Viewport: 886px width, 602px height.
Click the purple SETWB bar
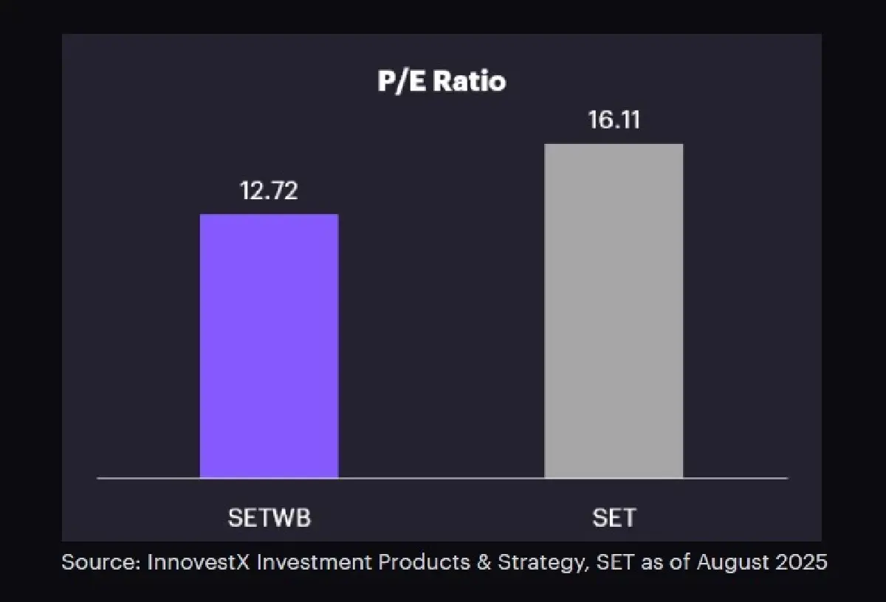pyautogui.click(x=269, y=347)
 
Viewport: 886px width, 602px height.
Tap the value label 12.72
pyautogui.click(x=269, y=191)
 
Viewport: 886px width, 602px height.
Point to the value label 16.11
pyautogui.click(x=614, y=120)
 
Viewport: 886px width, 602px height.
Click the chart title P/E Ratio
pyautogui.click(x=442, y=81)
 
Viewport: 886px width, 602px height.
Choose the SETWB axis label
pyautogui.click(x=269, y=518)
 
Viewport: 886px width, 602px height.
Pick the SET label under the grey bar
pyautogui.click(x=614, y=518)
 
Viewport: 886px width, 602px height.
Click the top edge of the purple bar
pyautogui.click(x=269, y=215)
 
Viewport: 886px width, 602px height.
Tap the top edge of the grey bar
pyautogui.click(x=614, y=145)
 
